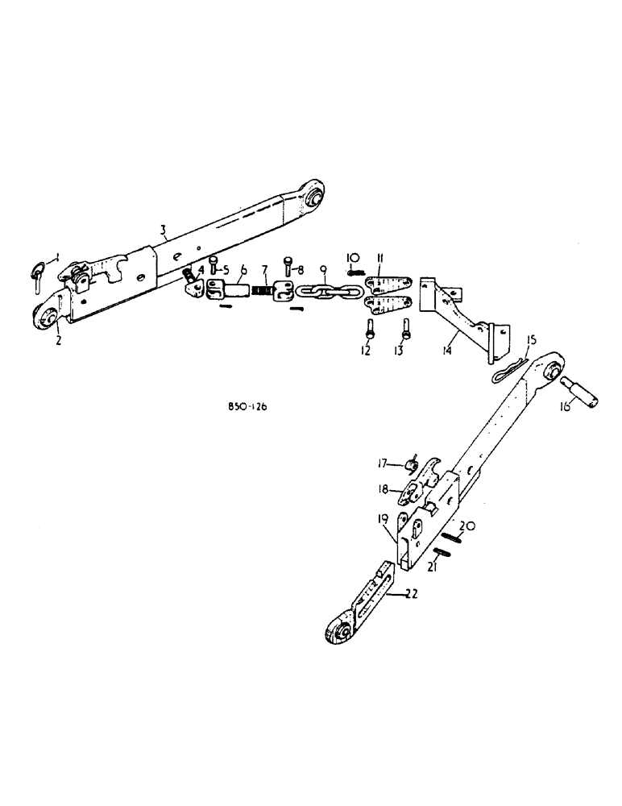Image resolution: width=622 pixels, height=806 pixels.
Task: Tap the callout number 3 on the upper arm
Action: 163,230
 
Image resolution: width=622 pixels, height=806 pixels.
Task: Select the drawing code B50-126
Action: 248,407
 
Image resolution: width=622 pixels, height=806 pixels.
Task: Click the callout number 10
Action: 353,257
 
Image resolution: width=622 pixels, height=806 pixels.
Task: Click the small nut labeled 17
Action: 409,463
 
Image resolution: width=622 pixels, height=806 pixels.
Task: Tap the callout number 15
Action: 531,340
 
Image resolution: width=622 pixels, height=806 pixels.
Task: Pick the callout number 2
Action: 59,340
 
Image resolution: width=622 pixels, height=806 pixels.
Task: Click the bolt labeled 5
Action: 213,264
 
